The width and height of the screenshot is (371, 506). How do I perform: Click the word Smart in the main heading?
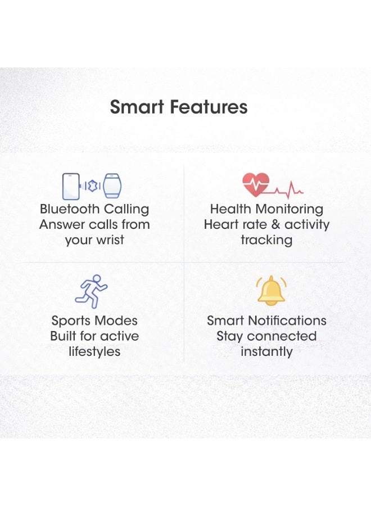[137, 107]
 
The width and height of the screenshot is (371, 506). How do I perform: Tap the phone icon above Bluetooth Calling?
[71, 186]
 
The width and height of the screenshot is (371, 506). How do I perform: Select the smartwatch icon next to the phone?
[112, 186]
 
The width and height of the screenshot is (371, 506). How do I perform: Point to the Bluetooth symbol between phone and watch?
[93, 186]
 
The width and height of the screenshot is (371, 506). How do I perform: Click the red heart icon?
[256, 184]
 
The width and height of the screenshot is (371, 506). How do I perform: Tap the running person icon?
[91, 291]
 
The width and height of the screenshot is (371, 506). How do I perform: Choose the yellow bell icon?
[272, 291]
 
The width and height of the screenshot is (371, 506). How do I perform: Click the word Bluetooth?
[70, 209]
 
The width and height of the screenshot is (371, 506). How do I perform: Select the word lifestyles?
[94, 352]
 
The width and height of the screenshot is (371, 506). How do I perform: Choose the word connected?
[282, 336]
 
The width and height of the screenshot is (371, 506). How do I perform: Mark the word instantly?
[266, 352]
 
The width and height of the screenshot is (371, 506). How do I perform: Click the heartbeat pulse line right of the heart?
[285, 191]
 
